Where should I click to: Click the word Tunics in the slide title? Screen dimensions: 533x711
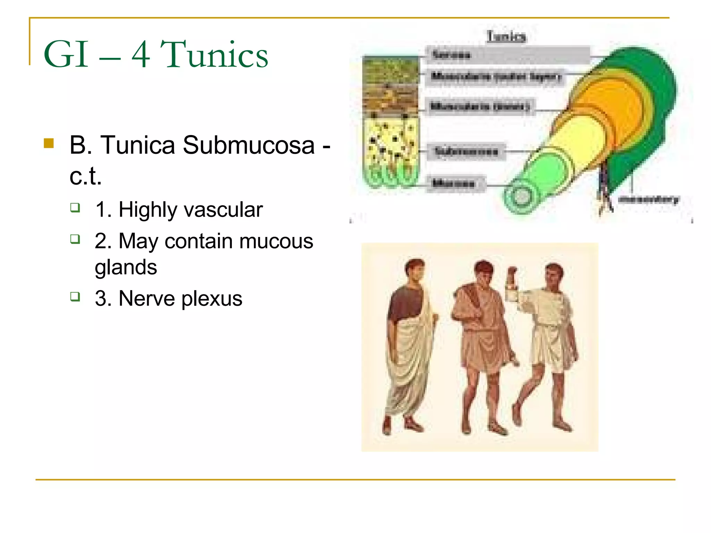click(214, 54)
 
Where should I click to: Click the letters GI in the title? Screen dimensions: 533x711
click(66, 54)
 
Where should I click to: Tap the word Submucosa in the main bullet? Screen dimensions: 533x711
click(249, 145)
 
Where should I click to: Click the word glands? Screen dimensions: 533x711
click(126, 267)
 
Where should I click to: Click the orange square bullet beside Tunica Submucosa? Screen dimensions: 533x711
click(49, 143)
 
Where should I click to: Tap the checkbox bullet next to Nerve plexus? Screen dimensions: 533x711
click(75, 297)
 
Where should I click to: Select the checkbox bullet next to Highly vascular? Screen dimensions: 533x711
click(75, 208)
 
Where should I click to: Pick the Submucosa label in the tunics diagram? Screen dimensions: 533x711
click(466, 151)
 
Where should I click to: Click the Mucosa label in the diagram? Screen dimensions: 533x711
click(453, 183)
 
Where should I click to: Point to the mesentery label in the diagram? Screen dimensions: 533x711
click(649, 199)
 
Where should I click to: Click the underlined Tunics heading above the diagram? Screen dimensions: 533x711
click(506, 36)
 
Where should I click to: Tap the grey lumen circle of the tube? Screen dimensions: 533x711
click(521, 196)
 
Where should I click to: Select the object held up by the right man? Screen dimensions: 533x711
click(512, 285)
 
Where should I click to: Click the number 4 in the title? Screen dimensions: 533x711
click(141, 54)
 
